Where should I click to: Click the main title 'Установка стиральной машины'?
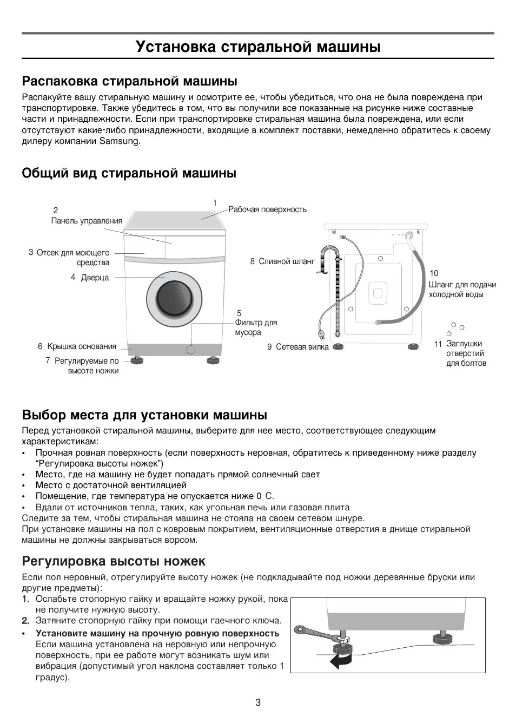coord(258,47)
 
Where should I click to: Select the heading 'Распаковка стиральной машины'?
coord(130,81)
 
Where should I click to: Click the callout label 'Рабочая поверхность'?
coord(267,209)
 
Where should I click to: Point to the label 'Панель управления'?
coord(87,221)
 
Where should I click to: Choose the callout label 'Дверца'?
coord(95,278)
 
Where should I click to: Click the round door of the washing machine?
coord(174,298)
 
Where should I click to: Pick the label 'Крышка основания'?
coord(82,346)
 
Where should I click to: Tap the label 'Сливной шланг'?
coord(287,261)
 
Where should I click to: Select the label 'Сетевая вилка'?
coord(302,347)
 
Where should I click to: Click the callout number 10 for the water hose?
coord(434,273)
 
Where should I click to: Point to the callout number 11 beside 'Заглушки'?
coord(438,344)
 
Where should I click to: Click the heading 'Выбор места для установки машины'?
coord(144,415)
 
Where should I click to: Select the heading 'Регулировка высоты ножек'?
coord(114,561)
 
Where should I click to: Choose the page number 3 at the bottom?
coord(258,703)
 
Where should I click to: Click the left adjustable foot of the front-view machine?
coord(135,359)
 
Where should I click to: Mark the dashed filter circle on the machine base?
coord(190,349)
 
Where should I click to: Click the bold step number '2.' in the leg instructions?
coord(25,621)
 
